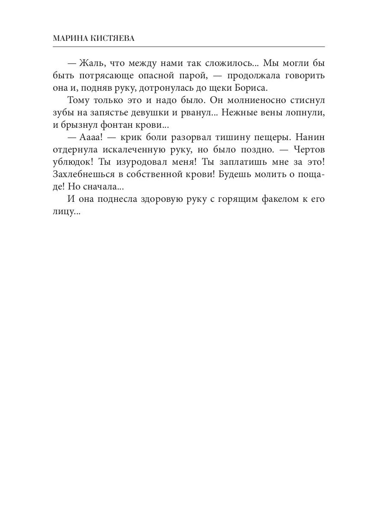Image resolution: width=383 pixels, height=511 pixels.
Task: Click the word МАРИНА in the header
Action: [x=69, y=39]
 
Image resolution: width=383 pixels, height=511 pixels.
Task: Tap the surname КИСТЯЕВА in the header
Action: [x=114, y=39]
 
